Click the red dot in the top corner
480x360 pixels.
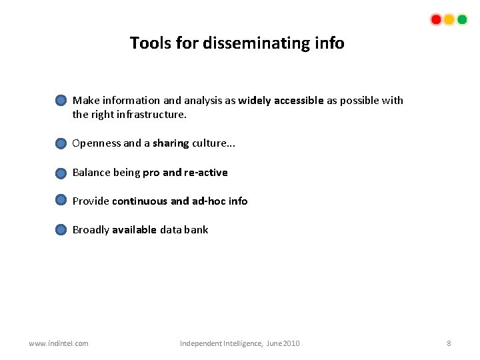coord(436,19)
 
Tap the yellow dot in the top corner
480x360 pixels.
coord(449,19)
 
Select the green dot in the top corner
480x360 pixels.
coord(462,19)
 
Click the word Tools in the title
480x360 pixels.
coord(151,43)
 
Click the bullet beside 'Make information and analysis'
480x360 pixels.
coord(61,101)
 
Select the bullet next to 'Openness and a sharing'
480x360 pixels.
coord(61,143)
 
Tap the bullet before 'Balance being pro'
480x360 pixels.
coord(61,173)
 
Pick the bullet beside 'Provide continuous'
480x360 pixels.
coord(61,200)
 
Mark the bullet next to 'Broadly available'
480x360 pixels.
coord(61,230)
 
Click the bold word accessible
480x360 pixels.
coord(298,100)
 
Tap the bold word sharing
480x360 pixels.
coord(171,143)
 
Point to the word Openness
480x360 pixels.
coord(96,143)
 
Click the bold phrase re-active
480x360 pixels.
coord(206,172)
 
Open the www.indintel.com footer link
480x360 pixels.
coord(59,343)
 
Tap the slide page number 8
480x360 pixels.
coord(449,343)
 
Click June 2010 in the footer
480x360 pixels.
coord(283,343)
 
